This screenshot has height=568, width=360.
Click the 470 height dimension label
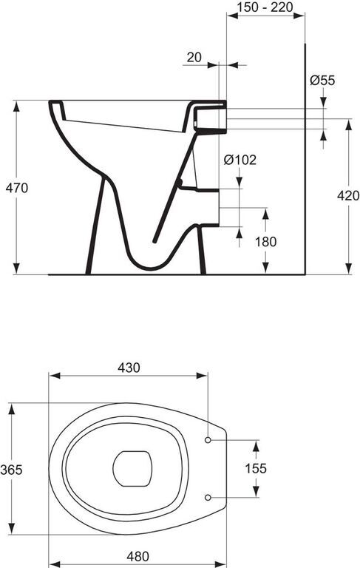[17, 188]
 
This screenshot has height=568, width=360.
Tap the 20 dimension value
[194, 57]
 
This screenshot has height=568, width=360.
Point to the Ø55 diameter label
[322, 80]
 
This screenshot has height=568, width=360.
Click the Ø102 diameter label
[240, 160]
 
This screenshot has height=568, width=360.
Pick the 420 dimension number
[348, 195]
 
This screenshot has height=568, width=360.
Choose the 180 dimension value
[265, 242]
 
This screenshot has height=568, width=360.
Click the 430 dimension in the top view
[129, 368]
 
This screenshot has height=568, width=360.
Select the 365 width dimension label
[11, 470]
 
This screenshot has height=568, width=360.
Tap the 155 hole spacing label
[256, 468]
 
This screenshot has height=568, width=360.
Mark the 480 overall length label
[137, 556]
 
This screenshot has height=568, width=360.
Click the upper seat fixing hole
[208, 440]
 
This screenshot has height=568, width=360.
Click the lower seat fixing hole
[208, 497]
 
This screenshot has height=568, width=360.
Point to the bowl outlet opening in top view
[132, 468]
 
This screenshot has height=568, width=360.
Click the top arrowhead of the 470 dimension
[16, 106]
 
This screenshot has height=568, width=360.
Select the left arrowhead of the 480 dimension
[55, 564]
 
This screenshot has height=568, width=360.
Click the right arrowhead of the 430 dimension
[201, 376]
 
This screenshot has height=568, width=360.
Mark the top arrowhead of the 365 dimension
[12, 408]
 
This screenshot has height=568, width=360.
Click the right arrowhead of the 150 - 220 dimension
[299, 16]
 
